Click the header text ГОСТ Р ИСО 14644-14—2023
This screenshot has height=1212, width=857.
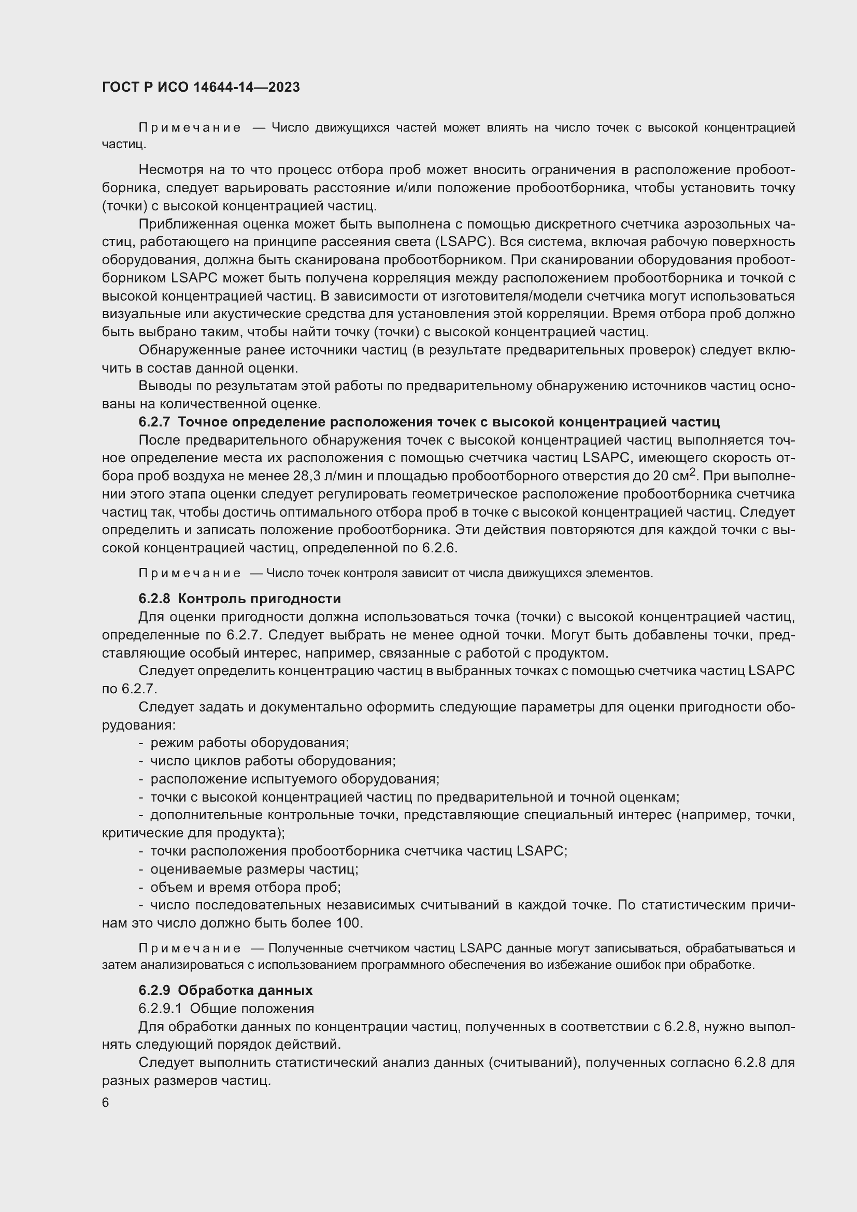tap(201, 87)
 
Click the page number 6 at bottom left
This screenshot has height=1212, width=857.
tap(106, 1103)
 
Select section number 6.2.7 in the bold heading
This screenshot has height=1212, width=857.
tap(154, 422)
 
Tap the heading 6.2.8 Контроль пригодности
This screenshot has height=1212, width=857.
tap(239, 598)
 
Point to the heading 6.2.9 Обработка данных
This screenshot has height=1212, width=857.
tap(225, 990)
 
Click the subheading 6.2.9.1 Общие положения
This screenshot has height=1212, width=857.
tap(226, 1008)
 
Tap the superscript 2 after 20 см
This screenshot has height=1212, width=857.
tap(692, 472)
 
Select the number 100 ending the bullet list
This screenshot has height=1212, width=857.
tap(348, 923)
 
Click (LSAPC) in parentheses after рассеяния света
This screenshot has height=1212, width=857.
tap(464, 242)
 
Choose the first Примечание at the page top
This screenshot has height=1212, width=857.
tap(190, 128)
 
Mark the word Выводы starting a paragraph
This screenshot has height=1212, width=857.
tap(161, 386)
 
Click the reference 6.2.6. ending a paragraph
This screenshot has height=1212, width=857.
tap(439, 548)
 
